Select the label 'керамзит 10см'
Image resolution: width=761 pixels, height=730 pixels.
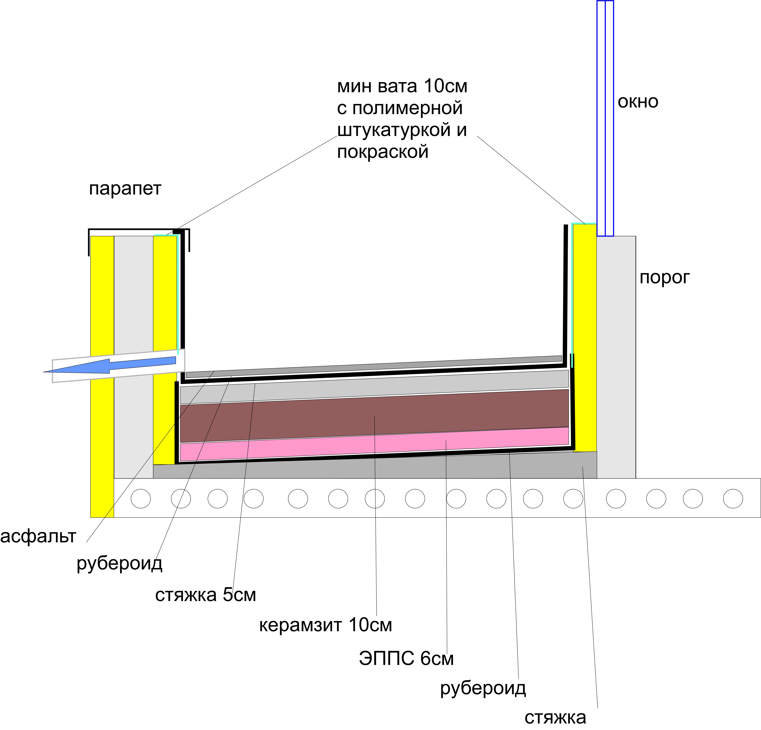(x=325, y=625)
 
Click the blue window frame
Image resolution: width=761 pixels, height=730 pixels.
(x=605, y=118)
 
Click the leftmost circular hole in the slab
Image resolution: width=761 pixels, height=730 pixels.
(x=141, y=499)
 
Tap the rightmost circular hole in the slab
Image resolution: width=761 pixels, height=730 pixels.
(x=733, y=499)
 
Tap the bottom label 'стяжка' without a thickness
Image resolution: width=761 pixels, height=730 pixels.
(x=555, y=718)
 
